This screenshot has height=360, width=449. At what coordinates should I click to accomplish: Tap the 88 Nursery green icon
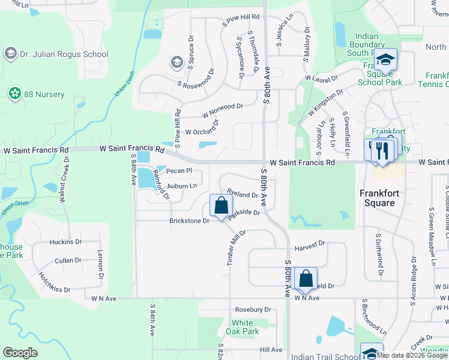[14, 94]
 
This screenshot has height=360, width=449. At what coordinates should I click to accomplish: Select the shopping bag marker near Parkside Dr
[221, 206]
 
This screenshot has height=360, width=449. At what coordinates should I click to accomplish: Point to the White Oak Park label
[246, 327]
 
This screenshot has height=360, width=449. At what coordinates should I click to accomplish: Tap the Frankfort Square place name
[385, 198]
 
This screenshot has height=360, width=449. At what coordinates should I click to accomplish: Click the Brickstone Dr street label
[188, 221]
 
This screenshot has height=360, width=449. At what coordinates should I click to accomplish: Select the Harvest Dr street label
[309, 244]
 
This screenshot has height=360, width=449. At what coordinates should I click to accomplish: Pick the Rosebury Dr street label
[253, 310]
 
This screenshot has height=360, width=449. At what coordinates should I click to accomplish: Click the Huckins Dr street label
[65, 242]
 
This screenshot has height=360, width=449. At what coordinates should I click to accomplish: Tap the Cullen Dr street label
[68, 260]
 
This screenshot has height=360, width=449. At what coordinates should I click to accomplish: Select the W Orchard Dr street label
[202, 127]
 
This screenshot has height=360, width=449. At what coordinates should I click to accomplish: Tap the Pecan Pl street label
[178, 171]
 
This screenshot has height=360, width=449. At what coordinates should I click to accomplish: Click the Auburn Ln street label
[182, 186]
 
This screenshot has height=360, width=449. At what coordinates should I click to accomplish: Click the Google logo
[20, 353]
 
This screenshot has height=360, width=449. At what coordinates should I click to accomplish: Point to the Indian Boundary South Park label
[366, 44]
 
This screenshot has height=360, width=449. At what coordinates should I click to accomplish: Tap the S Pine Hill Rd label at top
[241, 20]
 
